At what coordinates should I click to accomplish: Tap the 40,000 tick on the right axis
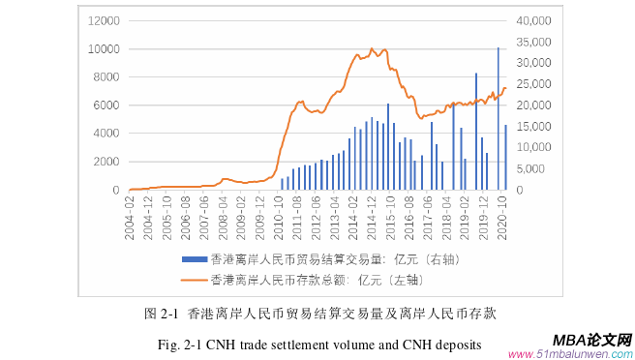point(534,20)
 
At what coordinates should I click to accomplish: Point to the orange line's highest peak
point(372,48)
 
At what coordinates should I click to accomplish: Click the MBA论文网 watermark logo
point(591,340)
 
